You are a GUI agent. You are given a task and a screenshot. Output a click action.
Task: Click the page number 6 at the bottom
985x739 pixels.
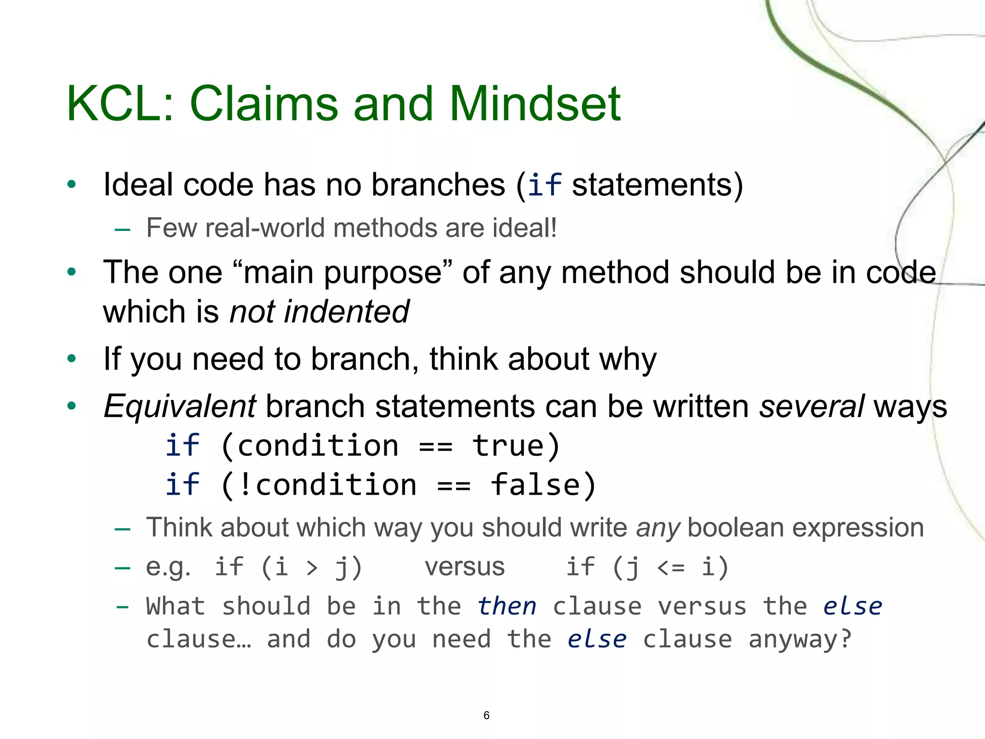point(486,715)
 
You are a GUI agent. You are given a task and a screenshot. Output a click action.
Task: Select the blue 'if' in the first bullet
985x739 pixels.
point(544,185)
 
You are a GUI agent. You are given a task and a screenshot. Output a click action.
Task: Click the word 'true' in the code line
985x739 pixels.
point(508,446)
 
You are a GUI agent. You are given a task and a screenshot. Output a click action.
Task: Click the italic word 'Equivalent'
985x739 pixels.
point(180,407)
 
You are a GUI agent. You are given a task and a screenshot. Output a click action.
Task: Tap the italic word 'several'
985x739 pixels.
point(811,407)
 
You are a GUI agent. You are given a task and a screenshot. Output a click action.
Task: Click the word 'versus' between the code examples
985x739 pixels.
point(465,567)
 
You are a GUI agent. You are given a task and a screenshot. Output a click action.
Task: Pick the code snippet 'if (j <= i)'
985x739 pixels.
point(647,567)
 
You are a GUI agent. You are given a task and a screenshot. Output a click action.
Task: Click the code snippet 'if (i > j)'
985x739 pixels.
point(288,567)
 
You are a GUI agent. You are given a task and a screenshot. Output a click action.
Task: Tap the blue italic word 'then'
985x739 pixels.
point(507,606)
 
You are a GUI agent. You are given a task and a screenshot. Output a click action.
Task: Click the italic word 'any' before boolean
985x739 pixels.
point(657,528)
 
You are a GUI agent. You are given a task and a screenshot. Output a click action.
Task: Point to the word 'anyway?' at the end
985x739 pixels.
point(800,639)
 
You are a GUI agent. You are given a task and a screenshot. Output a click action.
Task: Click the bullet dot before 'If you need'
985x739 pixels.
point(72,358)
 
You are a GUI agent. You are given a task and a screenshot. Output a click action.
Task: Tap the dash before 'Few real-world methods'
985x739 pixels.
point(123,230)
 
